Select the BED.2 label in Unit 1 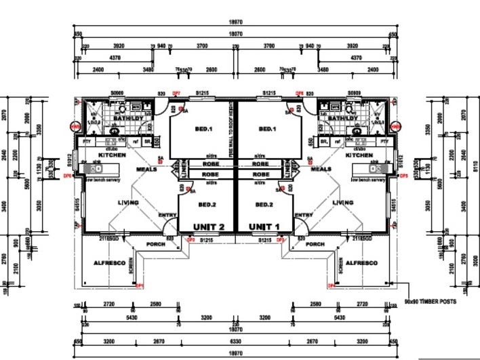pos(264,204)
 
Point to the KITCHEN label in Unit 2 pos(113,155)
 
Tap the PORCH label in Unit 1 pos(315,244)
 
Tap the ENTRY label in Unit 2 pos(167,216)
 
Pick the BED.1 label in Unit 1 pos(267,129)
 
